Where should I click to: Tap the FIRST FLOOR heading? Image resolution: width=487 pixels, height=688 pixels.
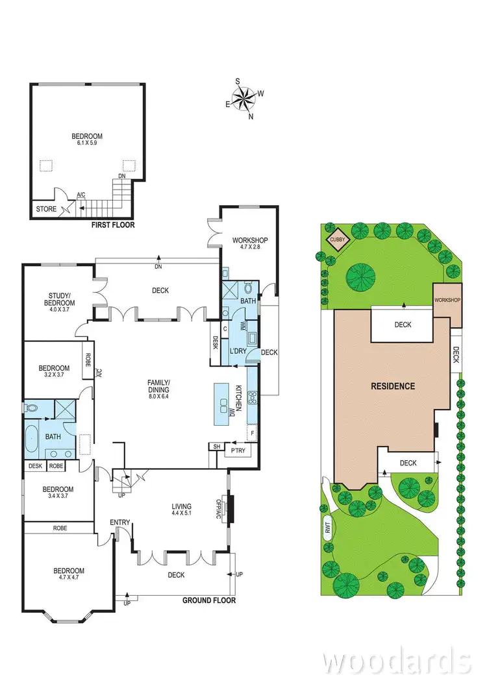coord(114,225)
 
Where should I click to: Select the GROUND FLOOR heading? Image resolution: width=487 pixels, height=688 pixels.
coord(208,600)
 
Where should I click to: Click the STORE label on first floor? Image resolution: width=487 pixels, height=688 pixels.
coord(46,209)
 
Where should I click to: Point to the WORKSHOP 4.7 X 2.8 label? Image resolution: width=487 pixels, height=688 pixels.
coord(250,245)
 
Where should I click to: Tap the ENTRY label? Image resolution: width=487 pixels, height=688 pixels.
coord(119,522)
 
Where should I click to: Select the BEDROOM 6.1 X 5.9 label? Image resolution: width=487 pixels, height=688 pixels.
coord(87,140)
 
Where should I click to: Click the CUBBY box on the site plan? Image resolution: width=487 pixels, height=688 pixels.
coord(337,240)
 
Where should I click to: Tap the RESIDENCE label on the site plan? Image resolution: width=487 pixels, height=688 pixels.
coord(392,386)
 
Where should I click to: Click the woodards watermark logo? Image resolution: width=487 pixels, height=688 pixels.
coord(396,661)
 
